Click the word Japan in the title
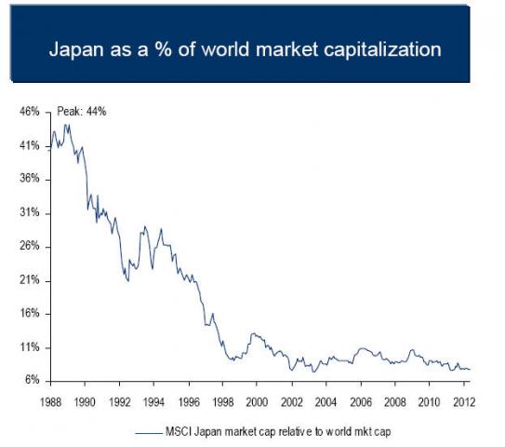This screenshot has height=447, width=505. tap(76, 48)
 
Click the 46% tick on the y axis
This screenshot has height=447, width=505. tap(29, 112)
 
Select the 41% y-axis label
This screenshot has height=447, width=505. tap(29, 146)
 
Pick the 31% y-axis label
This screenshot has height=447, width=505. tap(29, 213)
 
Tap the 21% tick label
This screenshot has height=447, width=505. tap(29, 280)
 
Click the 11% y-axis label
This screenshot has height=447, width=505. tap(29, 347)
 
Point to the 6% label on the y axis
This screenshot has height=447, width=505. tap(31, 381)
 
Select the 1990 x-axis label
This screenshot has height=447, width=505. tap(85, 401)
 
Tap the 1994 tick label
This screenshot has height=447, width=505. tap(153, 401)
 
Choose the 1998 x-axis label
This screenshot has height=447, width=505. tap(222, 401)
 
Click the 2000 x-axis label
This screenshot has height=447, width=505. tap(257, 401)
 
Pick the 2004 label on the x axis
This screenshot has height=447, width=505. tap(325, 401)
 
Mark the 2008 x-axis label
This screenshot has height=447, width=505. tap(393, 401)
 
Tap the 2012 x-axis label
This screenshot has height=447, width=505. tap(462, 401)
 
